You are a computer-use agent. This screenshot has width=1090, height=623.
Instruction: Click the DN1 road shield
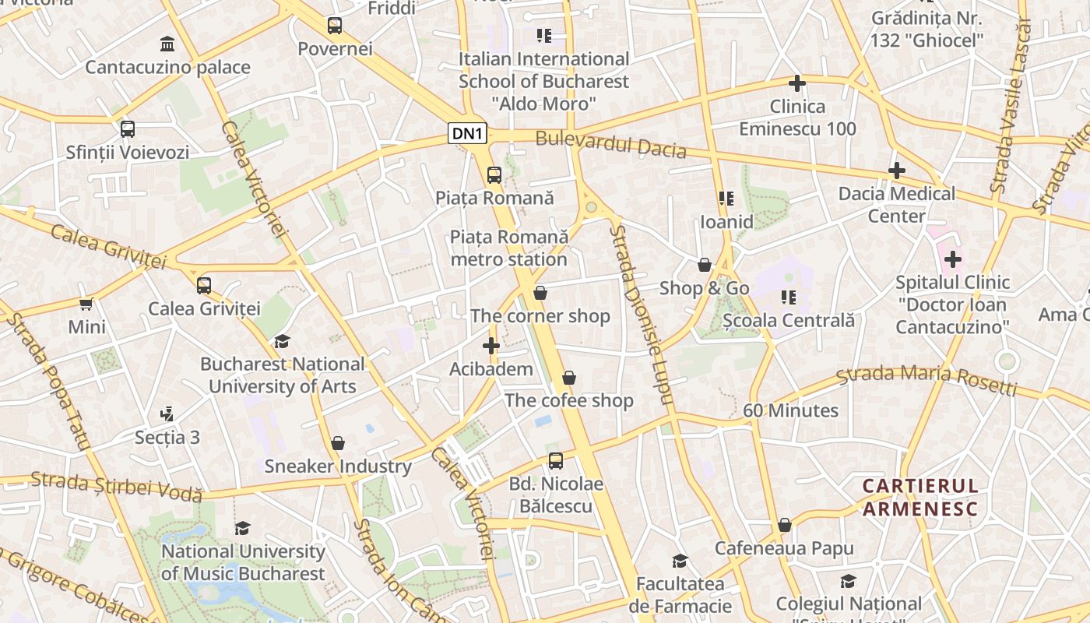coord(468,134)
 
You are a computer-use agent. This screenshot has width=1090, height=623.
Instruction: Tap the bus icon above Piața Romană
coord(494,175)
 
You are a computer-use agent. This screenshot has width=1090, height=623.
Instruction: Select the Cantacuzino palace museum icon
coord(167,44)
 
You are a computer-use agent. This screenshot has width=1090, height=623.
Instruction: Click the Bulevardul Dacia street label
coord(610,144)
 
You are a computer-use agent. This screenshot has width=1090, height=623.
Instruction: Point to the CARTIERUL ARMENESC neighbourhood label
coord(919,498)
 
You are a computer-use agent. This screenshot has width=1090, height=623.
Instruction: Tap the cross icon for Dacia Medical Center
coord(897,170)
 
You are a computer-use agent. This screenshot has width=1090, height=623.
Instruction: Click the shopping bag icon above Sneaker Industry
coord(338,443)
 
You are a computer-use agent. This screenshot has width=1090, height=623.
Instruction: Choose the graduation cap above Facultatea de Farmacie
coord(680,561)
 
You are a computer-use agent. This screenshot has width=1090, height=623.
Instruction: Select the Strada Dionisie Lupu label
coord(640,315)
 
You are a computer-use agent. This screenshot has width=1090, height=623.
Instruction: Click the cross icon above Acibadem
coord(491,345)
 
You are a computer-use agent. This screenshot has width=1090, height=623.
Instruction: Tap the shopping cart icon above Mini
coord(86,303)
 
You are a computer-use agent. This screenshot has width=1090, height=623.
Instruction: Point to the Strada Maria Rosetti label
coord(926,379)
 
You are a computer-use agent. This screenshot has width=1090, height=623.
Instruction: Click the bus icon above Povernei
coord(335,26)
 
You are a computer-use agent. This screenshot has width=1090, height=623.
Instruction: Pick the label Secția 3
coord(167,437)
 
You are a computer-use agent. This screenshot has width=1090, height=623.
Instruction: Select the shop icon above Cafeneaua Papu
coord(785,525)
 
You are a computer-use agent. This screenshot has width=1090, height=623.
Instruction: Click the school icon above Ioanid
coord(726,199)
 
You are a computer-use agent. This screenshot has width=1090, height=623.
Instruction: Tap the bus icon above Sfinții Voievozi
coord(128,129)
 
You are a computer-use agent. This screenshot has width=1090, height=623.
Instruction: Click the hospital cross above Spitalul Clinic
coord(953,259)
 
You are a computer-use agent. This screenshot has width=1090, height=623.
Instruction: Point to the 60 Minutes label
coord(790,410)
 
